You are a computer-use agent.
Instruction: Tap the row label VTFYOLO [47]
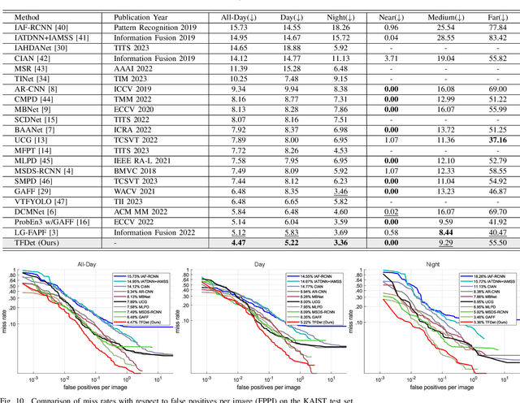click(29, 200)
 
